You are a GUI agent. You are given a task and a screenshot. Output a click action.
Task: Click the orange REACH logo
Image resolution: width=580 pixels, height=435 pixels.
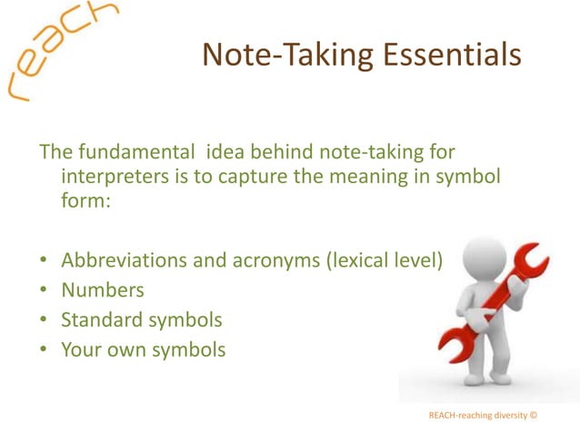click(x=59, y=49)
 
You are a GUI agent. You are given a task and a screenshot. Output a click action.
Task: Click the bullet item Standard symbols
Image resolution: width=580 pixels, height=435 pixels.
click(x=141, y=319)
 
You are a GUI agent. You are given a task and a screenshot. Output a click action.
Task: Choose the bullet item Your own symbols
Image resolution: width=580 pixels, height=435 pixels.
click(x=143, y=349)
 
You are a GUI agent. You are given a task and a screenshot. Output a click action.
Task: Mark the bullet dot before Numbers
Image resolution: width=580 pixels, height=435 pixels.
click(x=43, y=291)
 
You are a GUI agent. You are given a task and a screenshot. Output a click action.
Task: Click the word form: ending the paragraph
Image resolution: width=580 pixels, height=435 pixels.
click(x=85, y=202)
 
